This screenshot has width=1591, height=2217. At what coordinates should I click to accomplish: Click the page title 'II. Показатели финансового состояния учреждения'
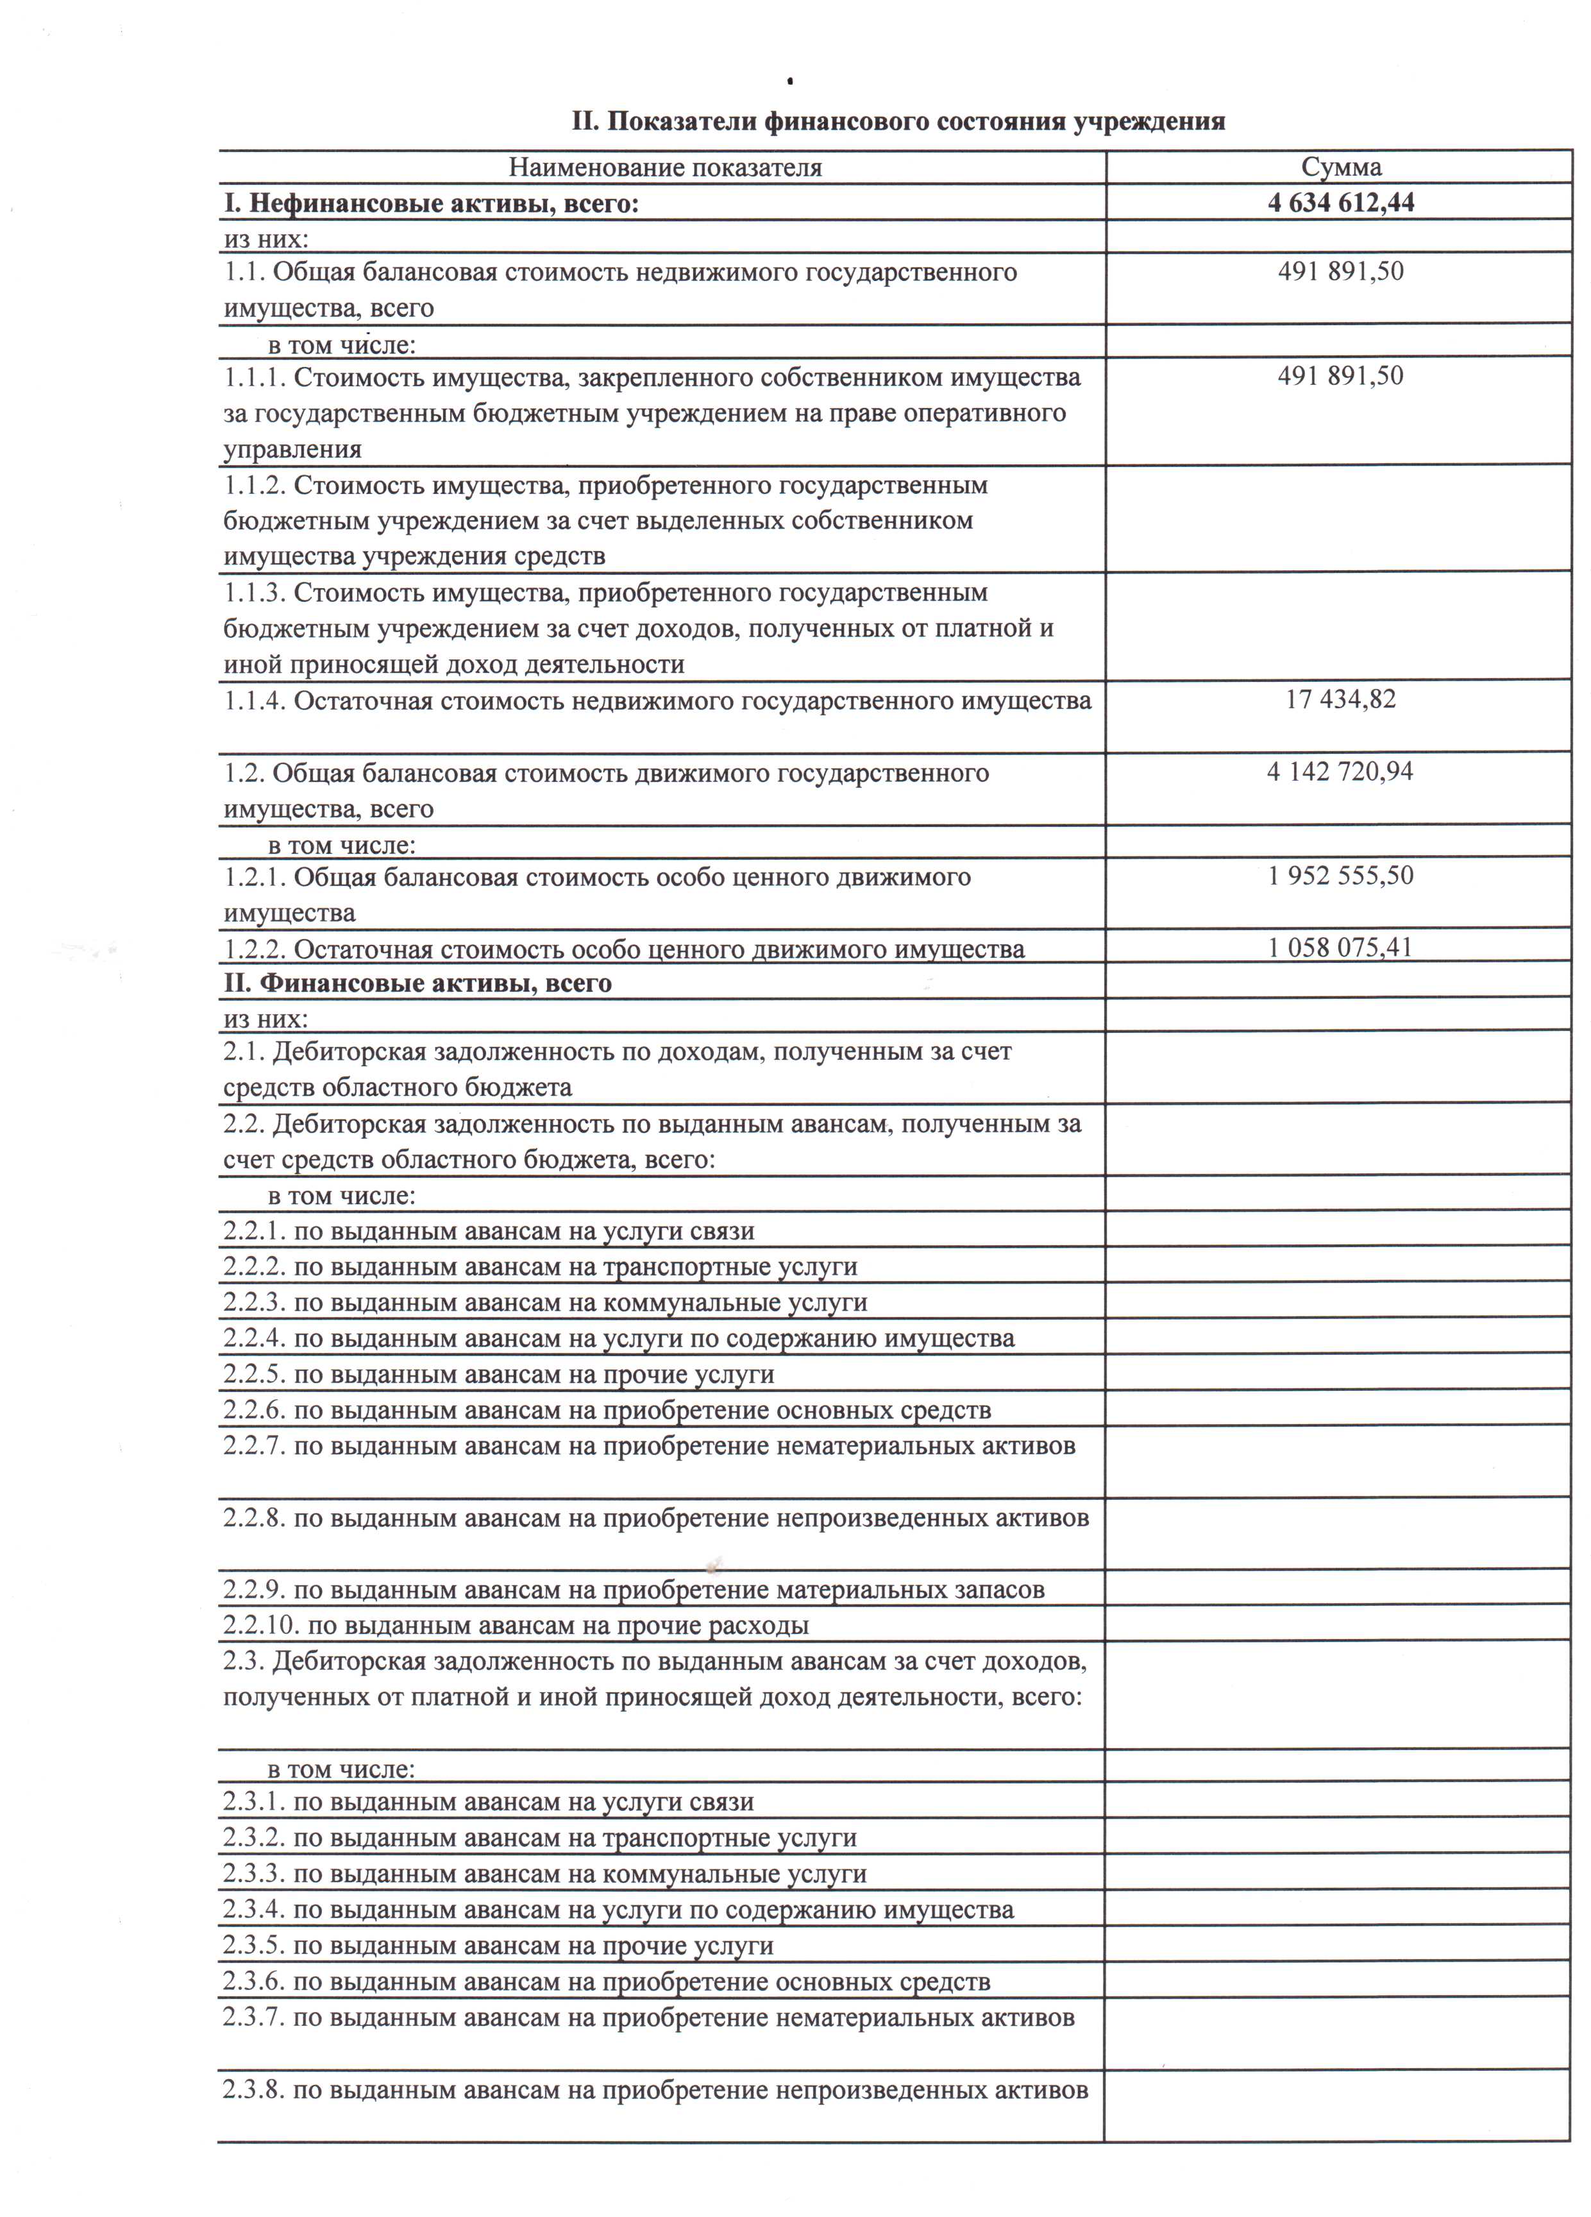point(897,121)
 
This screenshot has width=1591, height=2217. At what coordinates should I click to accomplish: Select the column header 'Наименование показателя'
point(664,168)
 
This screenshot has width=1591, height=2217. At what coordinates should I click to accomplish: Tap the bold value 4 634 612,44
point(1341,202)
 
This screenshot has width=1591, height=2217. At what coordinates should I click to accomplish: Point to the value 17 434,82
point(1341,699)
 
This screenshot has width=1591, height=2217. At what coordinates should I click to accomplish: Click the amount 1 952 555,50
point(1341,875)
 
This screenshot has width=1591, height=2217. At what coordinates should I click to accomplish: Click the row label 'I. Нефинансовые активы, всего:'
point(431,203)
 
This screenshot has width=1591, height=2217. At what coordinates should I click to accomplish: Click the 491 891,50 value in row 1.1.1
point(1341,375)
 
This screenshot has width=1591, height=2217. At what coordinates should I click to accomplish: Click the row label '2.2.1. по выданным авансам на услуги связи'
point(489,1230)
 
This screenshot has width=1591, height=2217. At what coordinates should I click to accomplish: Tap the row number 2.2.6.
point(254,1409)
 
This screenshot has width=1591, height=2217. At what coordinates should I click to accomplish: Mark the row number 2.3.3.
point(254,1873)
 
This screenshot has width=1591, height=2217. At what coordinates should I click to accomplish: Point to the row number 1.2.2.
point(255,949)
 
